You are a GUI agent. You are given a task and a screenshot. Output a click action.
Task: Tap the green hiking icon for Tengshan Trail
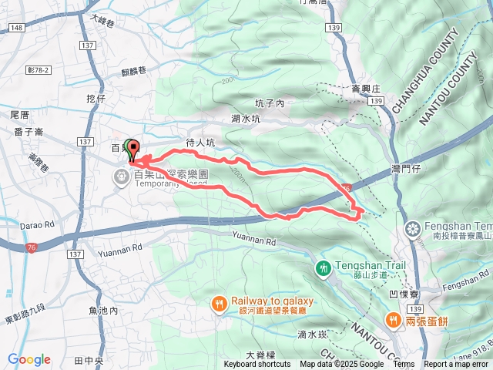click(324, 268)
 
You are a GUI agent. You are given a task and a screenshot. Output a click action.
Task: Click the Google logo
click(29, 359)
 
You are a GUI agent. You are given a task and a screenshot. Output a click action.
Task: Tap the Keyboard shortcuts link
click(257, 365)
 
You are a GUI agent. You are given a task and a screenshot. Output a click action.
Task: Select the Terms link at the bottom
click(403, 365)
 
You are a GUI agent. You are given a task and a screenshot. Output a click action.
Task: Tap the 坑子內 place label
click(270, 103)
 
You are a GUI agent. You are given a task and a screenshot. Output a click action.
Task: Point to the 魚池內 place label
click(102, 311)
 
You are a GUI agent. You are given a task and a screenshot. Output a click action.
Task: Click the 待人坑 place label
click(200, 143)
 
